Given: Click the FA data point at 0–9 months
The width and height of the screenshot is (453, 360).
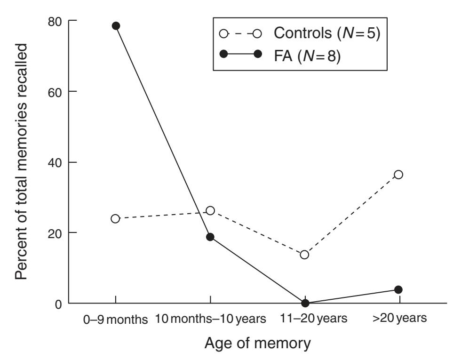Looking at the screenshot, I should tap(116, 26).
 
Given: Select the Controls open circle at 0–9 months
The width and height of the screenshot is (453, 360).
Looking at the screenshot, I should tap(116, 219).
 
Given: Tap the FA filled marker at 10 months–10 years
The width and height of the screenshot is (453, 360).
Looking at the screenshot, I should tap(210, 237).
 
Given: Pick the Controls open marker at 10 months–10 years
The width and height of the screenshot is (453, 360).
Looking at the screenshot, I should tap(210, 210).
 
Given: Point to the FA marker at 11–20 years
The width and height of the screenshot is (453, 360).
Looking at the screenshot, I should tap(305, 303).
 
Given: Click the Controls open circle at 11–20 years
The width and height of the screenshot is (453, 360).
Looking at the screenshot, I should tap(304, 255).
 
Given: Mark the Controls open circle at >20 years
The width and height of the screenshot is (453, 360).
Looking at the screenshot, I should tap(398, 175).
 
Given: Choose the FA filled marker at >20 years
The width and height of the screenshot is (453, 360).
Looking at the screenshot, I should tap(398, 289).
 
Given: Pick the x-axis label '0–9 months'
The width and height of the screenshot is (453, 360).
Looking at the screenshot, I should tap(116, 320).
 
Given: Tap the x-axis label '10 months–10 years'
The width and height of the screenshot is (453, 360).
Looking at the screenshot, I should tap(210, 320).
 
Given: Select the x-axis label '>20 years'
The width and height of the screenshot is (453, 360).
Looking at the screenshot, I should tap(398, 320).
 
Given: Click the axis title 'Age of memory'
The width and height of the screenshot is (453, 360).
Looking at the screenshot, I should tap(257, 344).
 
